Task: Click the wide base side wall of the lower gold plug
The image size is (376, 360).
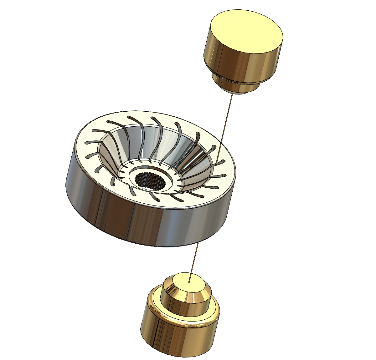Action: pyautogui.click(x=175, y=341)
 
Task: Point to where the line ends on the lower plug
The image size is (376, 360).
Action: pyautogui.click(x=189, y=282)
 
